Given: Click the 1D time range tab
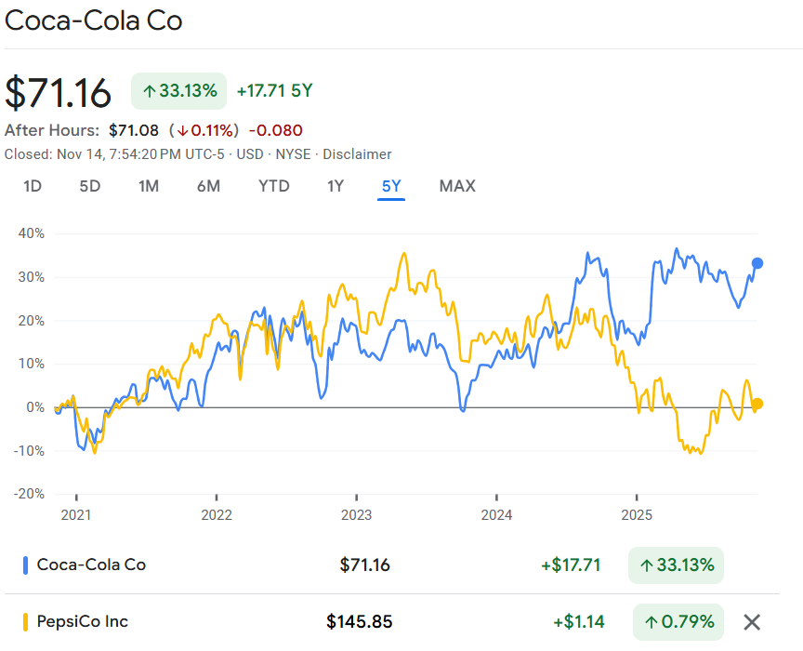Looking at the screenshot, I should click(x=33, y=186).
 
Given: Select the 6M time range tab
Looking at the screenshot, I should click(x=208, y=186).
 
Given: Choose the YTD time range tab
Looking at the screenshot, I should click(x=274, y=186).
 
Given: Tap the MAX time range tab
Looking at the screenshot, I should click(x=457, y=186).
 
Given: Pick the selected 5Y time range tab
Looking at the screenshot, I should click(x=391, y=186).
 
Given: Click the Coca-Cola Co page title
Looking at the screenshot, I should click(x=94, y=20).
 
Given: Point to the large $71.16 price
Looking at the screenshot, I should click(x=59, y=92).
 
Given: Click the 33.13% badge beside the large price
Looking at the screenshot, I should click(x=179, y=91).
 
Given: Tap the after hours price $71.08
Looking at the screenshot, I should click(x=134, y=130).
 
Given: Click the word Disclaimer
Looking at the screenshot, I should click(x=357, y=154).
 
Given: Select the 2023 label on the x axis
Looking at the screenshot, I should click(x=357, y=514).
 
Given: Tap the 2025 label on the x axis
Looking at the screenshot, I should click(x=637, y=514).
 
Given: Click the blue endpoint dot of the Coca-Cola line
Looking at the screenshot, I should click(x=757, y=263).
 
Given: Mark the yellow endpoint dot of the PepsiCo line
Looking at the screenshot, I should click(x=757, y=404).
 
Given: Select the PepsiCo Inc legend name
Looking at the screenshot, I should click(x=82, y=621).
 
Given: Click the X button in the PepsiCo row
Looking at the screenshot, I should click(x=752, y=621).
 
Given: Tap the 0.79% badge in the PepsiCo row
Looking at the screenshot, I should click(x=678, y=621).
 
